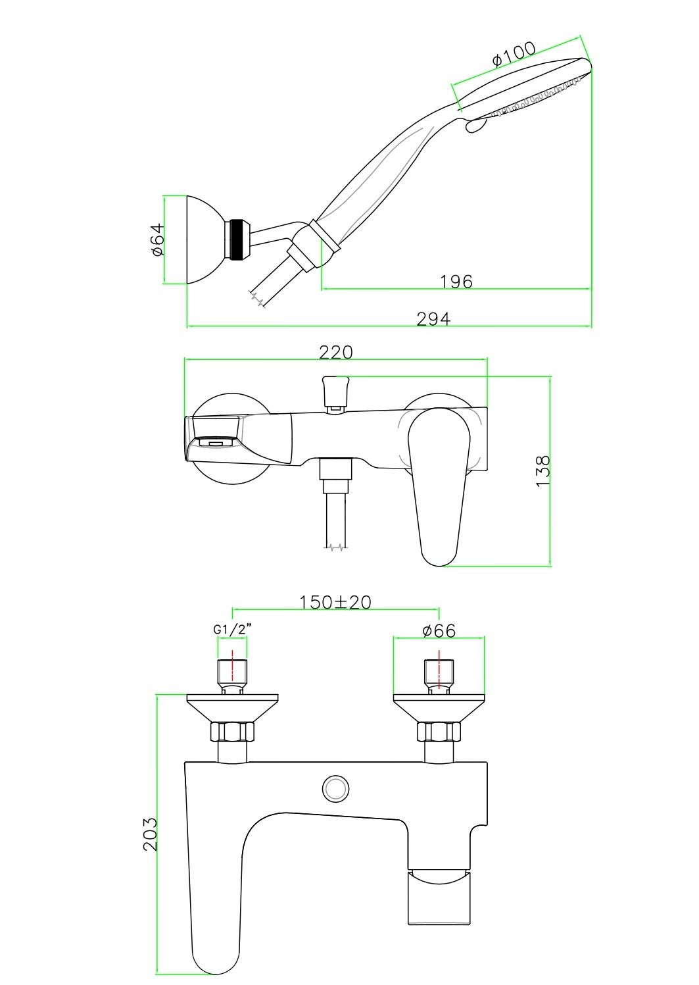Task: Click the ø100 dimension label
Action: [514, 54]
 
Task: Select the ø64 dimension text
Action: [157, 240]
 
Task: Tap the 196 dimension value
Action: [456, 282]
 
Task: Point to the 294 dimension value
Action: [433, 319]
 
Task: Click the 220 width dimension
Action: [335, 353]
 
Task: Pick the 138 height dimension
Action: [543, 471]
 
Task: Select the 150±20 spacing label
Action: [335, 602]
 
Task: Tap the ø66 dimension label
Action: [439, 631]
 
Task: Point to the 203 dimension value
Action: [151, 834]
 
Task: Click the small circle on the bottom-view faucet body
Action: [336, 788]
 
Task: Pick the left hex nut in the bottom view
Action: [232, 732]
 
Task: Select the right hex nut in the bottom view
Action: [439, 732]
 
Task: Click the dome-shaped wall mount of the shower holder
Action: [205, 240]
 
